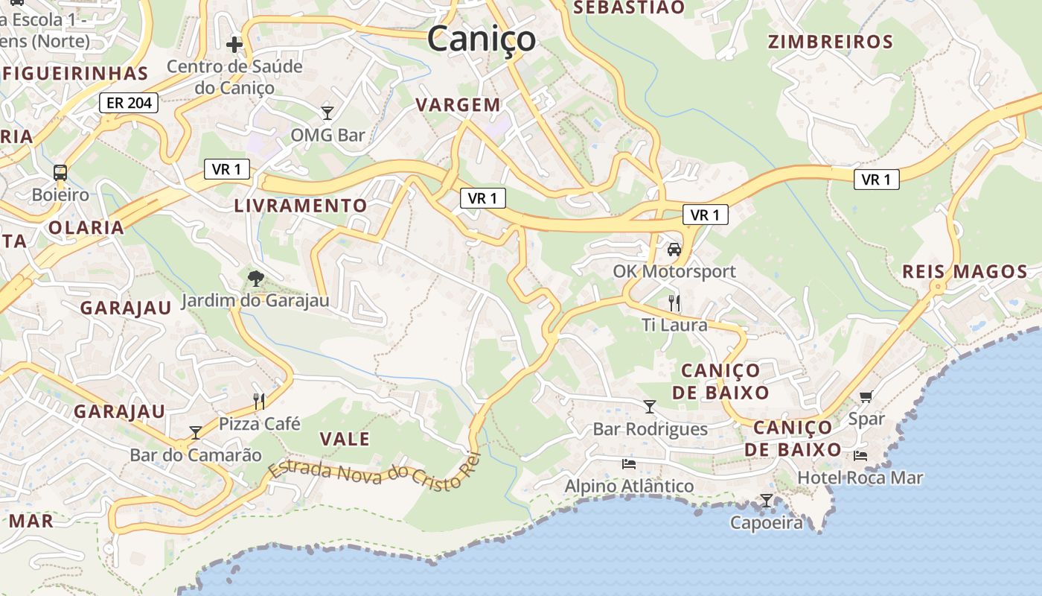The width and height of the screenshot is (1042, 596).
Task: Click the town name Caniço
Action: tap(482, 39)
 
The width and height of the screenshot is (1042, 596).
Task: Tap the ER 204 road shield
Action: tap(129, 103)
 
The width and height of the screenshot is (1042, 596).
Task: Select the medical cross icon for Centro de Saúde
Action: tap(234, 45)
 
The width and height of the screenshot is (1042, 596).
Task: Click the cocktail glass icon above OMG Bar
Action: tap(327, 113)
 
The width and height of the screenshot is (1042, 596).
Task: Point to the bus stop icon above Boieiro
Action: tap(60, 173)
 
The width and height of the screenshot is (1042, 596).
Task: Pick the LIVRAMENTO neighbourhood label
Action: tap(301, 206)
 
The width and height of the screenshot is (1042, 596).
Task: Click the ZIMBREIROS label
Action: tap(830, 42)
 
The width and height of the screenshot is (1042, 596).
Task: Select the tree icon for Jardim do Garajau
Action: tap(255, 279)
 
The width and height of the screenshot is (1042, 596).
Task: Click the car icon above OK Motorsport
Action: tap(674, 250)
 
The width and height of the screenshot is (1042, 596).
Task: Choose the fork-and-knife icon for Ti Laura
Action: tap(674, 302)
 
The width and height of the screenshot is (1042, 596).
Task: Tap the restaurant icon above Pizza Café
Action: tap(259, 402)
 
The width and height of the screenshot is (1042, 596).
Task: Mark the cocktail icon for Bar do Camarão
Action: tap(196, 433)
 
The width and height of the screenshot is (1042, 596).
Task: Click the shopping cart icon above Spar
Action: tap(866, 397)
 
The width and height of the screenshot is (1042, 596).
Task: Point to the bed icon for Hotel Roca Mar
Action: tap(860, 455)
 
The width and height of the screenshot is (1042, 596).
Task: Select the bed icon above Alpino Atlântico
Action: tap(629, 464)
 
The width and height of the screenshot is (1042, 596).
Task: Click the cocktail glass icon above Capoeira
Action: tap(767, 501)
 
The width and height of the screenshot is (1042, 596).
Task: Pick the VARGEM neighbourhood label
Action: tap(458, 105)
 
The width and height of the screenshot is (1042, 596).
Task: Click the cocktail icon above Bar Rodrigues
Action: tap(650, 407)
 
